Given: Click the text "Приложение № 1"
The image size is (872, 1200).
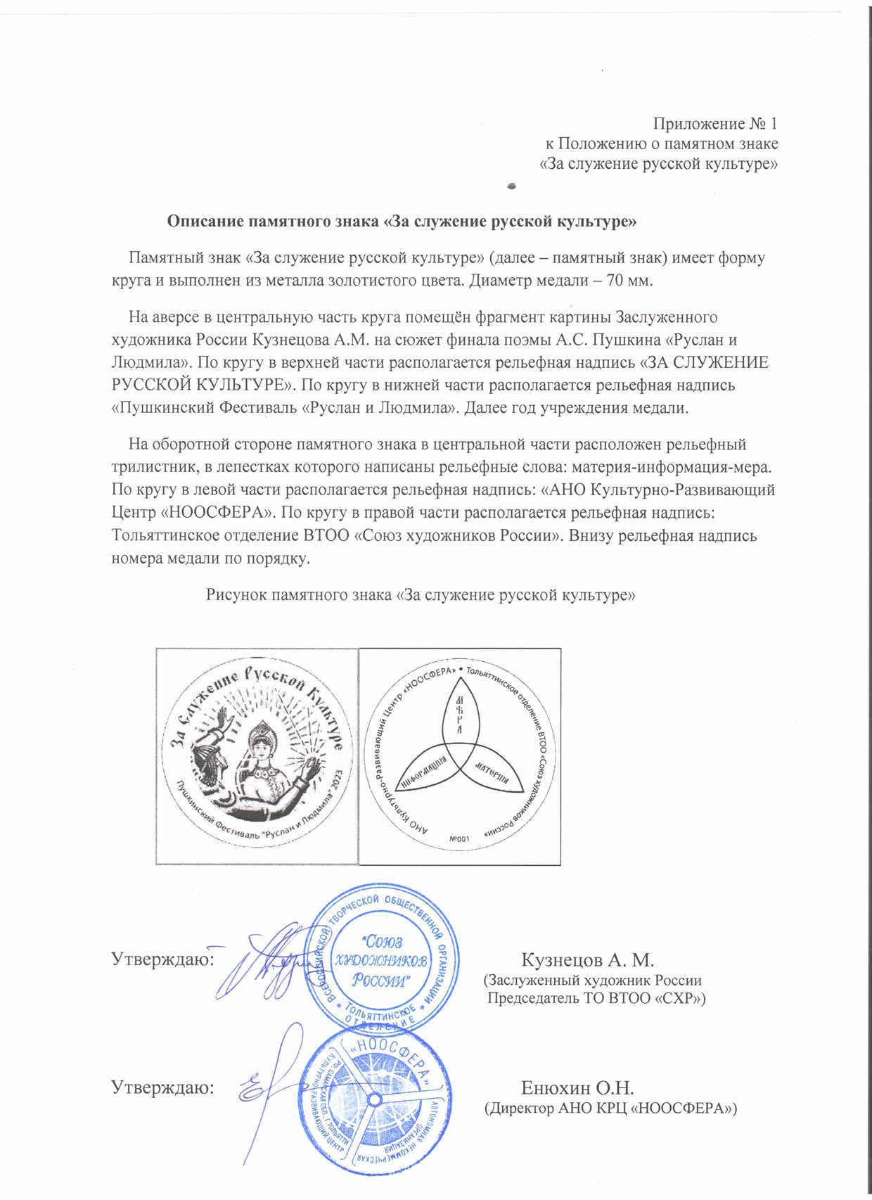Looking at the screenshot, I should [x=715, y=124].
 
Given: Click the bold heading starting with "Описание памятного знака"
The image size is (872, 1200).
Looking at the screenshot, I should [x=402, y=222].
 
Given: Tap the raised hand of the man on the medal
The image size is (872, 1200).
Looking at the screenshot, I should [x=224, y=720].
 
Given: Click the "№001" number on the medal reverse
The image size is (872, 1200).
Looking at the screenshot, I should [x=459, y=838].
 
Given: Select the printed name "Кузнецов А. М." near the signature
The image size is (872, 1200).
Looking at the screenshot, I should [x=587, y=960].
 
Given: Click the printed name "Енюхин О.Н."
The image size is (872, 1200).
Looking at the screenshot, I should [x=577, y=1088].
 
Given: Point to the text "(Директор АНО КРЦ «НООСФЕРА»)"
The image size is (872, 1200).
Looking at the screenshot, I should [x=610, y=1109].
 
